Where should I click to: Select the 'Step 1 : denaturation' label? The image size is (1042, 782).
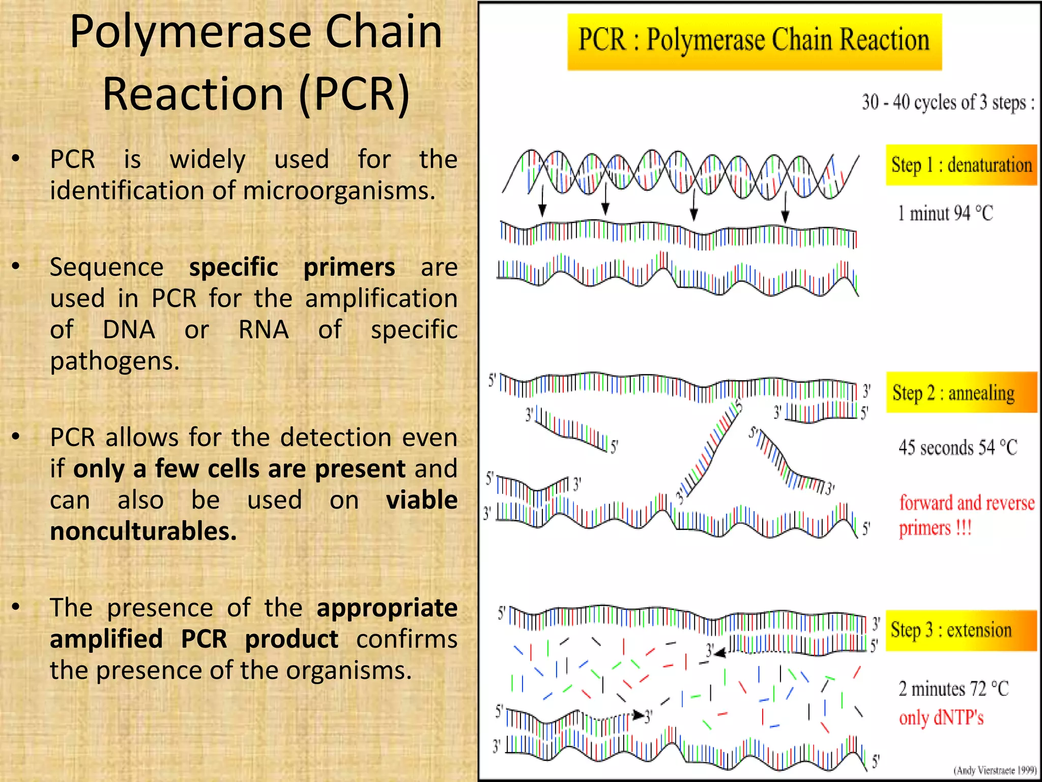[x=961, y=165]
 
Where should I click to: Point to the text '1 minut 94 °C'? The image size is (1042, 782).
[x=945, y=213]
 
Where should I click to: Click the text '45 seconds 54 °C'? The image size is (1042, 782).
[x=958, y=448]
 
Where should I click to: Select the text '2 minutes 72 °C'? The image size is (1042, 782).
[x=953, y=689]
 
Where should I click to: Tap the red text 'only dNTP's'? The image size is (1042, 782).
[x=941, y=718]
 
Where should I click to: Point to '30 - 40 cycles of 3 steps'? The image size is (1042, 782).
[x=947, y=102]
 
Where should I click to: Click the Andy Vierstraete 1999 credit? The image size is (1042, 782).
[x=995, y=770]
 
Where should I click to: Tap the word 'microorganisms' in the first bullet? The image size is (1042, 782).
[x=339, y=191]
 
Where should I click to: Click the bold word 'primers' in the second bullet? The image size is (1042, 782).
[x=349, y=267]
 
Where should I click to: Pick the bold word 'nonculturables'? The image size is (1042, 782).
[x=143, y=532]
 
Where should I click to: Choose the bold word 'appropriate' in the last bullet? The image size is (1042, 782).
[x=387, y=608]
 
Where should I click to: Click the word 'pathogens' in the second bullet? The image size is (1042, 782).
[x=114, y=361]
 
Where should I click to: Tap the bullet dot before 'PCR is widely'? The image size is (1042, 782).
[x=16, y=159]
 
